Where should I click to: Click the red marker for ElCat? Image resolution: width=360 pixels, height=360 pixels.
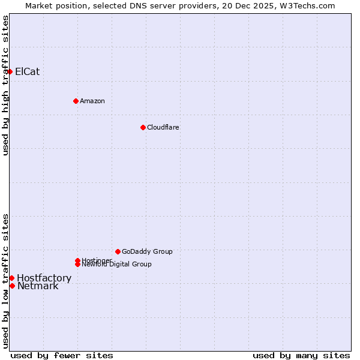[10, 72]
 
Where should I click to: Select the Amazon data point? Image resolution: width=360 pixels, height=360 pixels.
[76, 101]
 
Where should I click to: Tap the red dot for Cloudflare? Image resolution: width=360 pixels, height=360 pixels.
[143, 127]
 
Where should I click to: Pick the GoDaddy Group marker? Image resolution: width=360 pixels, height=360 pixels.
[118, 251]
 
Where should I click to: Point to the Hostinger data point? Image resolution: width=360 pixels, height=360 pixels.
[77, 260]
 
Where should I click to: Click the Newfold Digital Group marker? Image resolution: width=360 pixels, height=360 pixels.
[77, 264]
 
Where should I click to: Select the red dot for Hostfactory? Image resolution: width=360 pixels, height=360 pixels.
[11, 278]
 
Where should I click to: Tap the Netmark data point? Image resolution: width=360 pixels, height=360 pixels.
[12, 286]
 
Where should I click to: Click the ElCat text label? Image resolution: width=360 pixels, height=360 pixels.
[28, 72]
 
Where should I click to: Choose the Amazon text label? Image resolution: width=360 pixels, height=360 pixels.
[92, 101]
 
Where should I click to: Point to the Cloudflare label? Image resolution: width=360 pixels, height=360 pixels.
[163, 127]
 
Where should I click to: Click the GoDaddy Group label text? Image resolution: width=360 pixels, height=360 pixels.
[147, 251]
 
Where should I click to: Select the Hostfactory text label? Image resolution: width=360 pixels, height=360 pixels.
[44, 278]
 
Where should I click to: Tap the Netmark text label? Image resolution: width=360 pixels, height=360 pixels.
[38, 286]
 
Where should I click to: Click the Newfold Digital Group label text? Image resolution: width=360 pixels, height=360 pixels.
[116, 265]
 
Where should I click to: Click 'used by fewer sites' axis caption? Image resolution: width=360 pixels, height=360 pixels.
[62, 356]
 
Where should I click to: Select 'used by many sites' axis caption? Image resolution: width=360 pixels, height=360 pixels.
[301, 356]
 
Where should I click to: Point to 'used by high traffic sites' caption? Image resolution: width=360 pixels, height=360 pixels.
[6, 86]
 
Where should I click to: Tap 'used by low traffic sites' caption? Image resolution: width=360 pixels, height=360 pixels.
[6, 281]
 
